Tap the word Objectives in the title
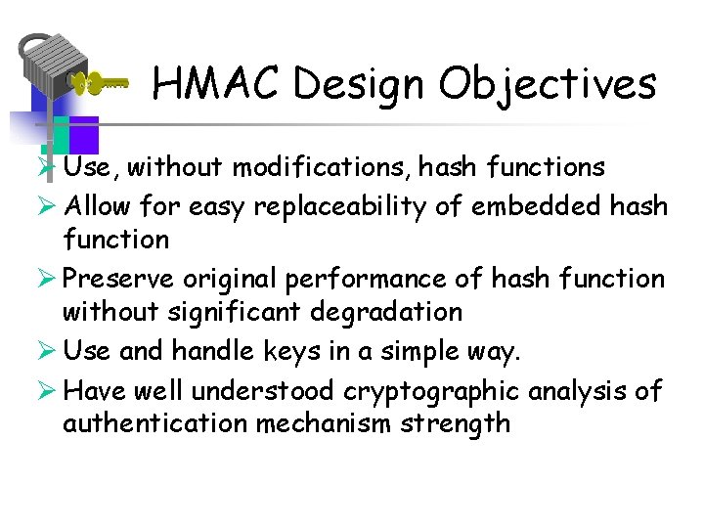547,84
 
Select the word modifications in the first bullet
321,167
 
